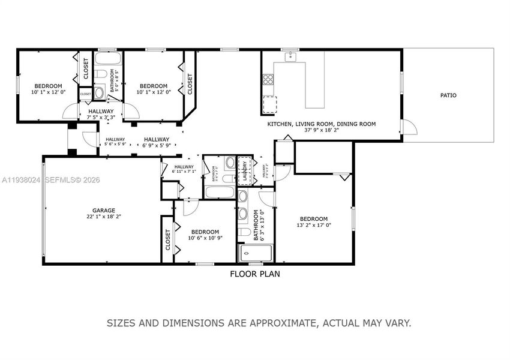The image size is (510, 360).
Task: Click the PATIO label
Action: [448, 95]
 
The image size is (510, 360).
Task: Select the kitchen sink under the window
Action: [291, 57]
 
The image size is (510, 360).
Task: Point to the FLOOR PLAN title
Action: [255, 274]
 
